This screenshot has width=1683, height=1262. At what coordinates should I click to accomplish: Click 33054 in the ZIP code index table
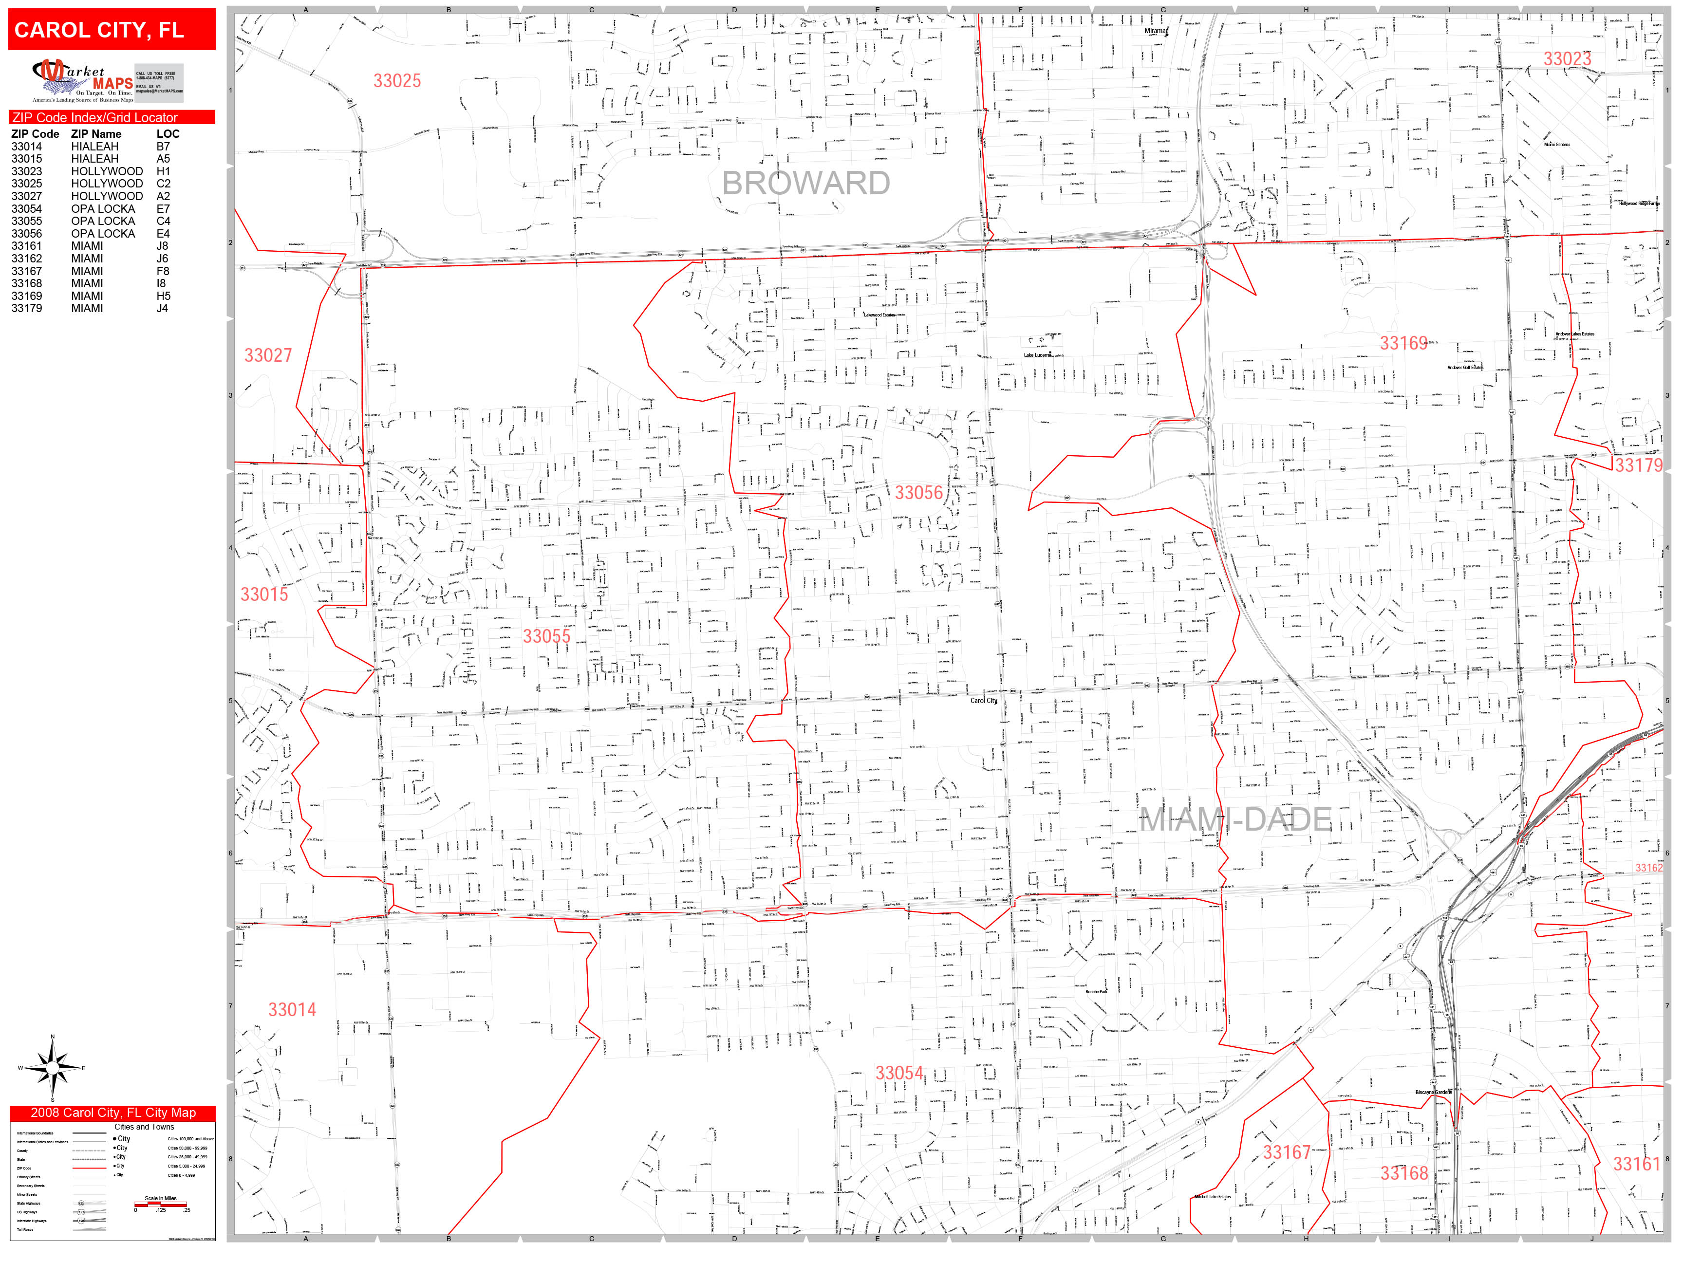coord(27,208)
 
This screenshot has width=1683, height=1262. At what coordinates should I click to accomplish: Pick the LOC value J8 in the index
coord(162,246)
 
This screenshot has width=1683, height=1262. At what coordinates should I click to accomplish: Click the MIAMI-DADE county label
coord(1235,820)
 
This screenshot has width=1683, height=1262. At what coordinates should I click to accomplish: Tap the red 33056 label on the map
coord(918,493)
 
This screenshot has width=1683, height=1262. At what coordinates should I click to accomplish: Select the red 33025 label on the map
coord(396,81)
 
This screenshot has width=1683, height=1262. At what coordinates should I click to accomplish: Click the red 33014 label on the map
coord(291,1009)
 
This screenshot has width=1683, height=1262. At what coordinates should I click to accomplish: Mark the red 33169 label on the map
coord(1404,343)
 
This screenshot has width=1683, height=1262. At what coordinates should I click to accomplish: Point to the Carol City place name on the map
coord(983,701)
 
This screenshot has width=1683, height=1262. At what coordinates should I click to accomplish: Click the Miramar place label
coord(1155,31)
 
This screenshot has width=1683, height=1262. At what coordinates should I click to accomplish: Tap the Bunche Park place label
coord(1096,992)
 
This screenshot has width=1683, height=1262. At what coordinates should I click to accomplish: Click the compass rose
coord(52,1068)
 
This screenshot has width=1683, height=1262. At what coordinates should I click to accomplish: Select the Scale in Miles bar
coord(161,1204)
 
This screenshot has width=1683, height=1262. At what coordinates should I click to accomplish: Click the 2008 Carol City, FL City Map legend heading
coord(112,1113)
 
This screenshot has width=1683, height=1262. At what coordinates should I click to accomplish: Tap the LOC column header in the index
coord(168,134)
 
